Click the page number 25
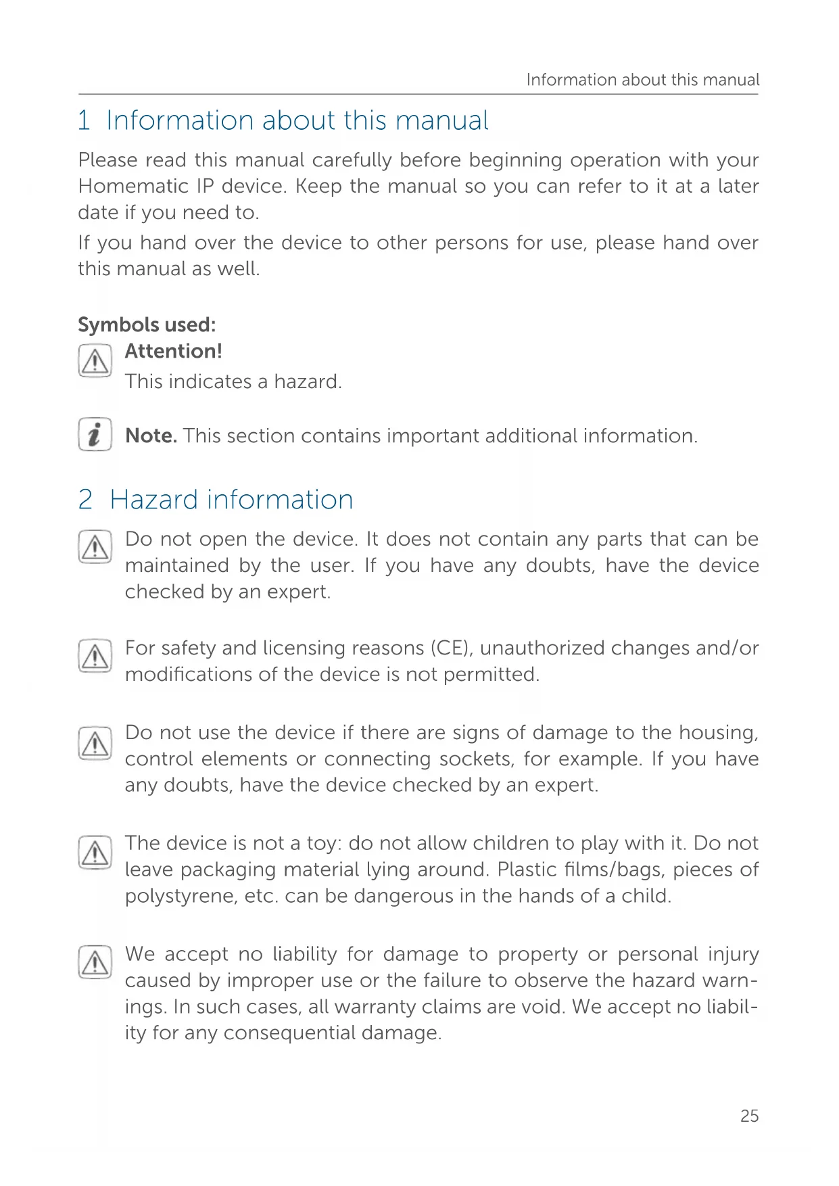click(x=749, y=1116)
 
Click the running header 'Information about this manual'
click(x=642, y=80)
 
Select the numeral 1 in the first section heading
click(x=85, y=120)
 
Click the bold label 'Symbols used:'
click(x=147, y=325)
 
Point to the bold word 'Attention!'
click(x=173, y=351)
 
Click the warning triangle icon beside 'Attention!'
click(x=95, y=361)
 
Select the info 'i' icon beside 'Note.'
click(x=95, y=434)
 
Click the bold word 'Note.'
click(x=151, y=435)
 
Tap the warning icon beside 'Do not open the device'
click(x=95, y=547)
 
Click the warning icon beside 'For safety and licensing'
click(x=95, y=656)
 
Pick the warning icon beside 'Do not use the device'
click(x=95, y=743)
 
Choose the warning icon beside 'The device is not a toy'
click(x=95, y=852)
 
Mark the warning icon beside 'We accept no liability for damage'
click(x=95, y=962)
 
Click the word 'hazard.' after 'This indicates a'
click(x=308, y=381)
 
